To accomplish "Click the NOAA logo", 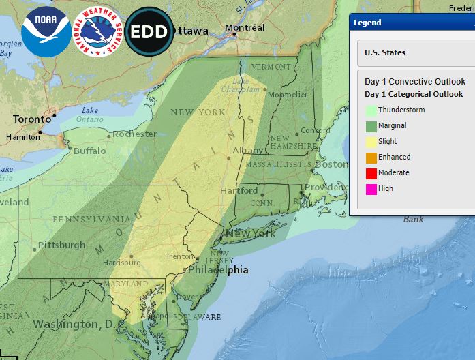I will pyautogui.click(x=46, y=31).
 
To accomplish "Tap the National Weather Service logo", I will pyautogui.click(x=97, y=31).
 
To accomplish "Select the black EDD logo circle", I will pyautogui.click(x=149, y=31).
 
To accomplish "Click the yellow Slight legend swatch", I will pyautogui.click(x=371, y=141).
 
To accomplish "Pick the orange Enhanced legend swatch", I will pyautogui.click(x=371, y=157).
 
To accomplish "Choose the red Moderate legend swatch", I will pyautogui.click(x=371, y=172).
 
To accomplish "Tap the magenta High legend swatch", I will pyautogui.click(x=371, y=189).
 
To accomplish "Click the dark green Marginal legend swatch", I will pyautogui.click(x=371, y=125).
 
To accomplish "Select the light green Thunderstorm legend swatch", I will pyautogui.click(x=371, y=109).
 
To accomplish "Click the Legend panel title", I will pyautogui.click(x=367, y=22).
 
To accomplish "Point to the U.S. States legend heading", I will pyautogui.click(x=385, y=52).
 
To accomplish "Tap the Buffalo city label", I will pyautogui.click(x=90, y=151).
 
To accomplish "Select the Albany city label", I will pyautogui.click(x=247, y=150).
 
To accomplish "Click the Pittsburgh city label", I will pyautogui.click(x=61, y=245).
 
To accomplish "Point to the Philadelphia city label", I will pyautogui.click(x=218, y=270).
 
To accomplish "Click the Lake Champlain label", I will pyautogui.click(x=236, y=85).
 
